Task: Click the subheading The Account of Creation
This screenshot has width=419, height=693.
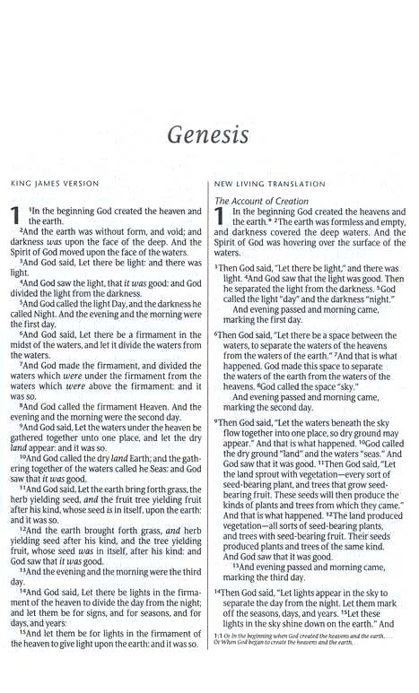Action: (x=260, y=202)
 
